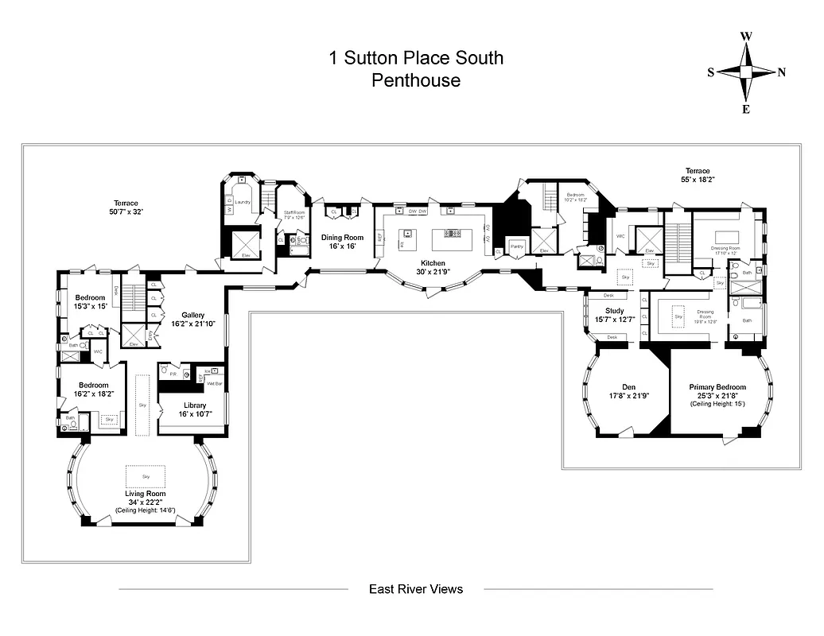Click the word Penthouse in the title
[x=416, y=80]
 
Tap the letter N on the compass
[x=782, y=72]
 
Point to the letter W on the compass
[x=746, y=36]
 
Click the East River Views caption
[x=415, y=589]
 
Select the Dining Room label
[x=342, y=237]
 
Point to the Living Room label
[x=146, y=494]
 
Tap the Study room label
[x=614, y=311]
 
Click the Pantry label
[x=517, y=246]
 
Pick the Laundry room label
[x=243, y=202]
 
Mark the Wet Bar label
[x=215, y=383]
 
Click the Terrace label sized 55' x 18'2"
[x=698, y=171]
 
